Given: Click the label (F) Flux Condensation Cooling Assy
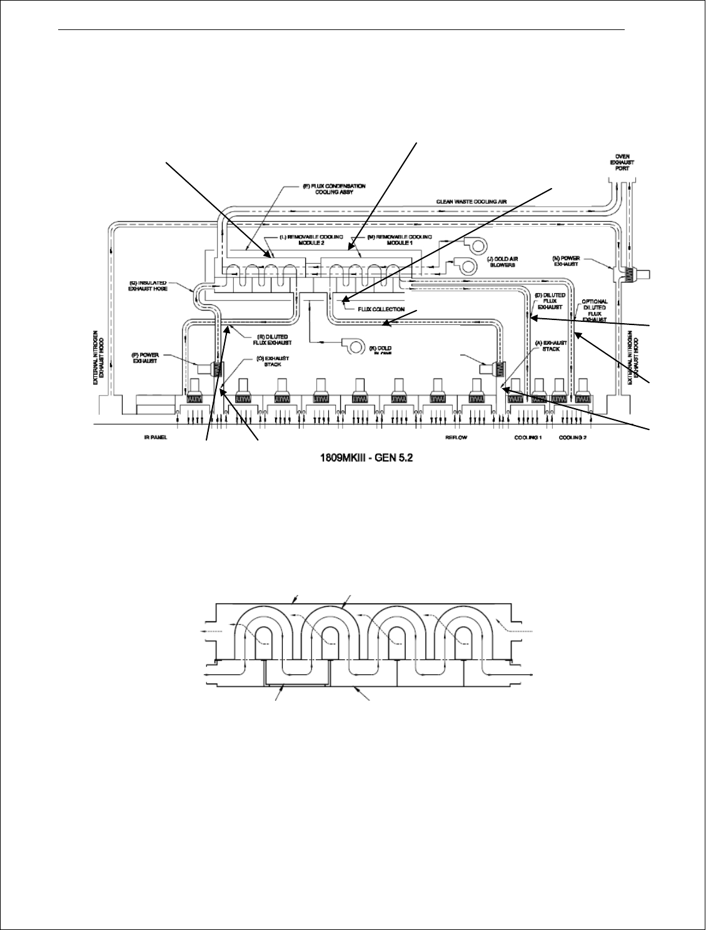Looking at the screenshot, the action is click(x=334, y=189).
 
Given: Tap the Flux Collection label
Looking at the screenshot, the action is click(x=381, y=309).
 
